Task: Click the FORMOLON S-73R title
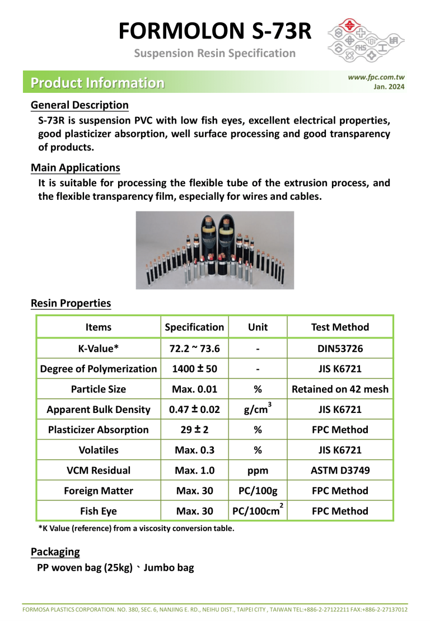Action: point(215,31)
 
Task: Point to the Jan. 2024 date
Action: point(389,87)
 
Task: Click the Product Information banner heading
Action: point(98,83)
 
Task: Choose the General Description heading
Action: point(80,105)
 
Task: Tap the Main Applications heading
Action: point(76,168)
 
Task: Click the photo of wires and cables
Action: point(215,250)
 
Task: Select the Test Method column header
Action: point(340,327)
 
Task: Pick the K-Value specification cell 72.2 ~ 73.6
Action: point(194,349)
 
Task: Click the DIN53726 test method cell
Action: point(340,349)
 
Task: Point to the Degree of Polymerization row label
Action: point(99,369)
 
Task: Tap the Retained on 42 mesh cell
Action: point(340,389)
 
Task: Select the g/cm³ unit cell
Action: point(258,409)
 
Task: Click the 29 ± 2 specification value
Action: point(194,430)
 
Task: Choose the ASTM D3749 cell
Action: point(340,471)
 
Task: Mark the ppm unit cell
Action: point(258,471)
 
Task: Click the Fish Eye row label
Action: point(99,511)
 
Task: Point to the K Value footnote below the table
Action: point(136,528)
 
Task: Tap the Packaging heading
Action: point(55,552)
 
